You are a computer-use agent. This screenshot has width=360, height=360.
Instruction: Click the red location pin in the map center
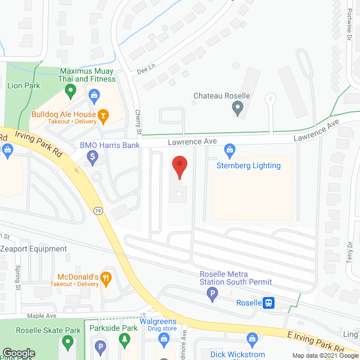pyautogui.click(x=179, y=167)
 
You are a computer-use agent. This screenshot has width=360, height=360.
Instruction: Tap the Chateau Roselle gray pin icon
pyautogui.click(x=238, y=108)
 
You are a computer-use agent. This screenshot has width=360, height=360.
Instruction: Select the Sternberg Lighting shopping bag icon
pyautogui.click(x=229, y=150)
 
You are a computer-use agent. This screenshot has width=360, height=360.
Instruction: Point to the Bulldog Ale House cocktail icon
pyautogui.click(x=103, y=116)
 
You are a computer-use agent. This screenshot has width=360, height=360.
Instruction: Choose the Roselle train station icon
pyautogui.click(x=269, y=303)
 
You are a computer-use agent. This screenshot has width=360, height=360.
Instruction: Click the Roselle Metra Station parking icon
pyautogui.click(x=213, y=292)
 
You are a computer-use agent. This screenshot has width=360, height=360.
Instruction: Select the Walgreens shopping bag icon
pyautogui.click(x=163, y=339)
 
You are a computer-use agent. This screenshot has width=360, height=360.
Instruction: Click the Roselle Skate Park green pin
pyautogui.click(x=68, y=341)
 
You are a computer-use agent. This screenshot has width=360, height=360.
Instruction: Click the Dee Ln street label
pyautogui.click(x=145, y=72)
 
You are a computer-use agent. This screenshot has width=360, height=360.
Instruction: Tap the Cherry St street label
pyautogui.click(x=138, y=122)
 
